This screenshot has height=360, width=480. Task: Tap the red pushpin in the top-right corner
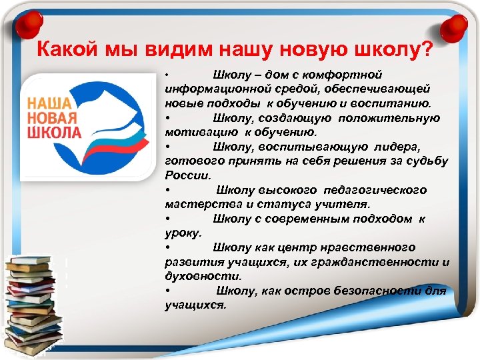(x=455, y=25)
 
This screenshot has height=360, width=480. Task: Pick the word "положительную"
(x=389, y=118)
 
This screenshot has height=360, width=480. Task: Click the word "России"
(x=187, y=176)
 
